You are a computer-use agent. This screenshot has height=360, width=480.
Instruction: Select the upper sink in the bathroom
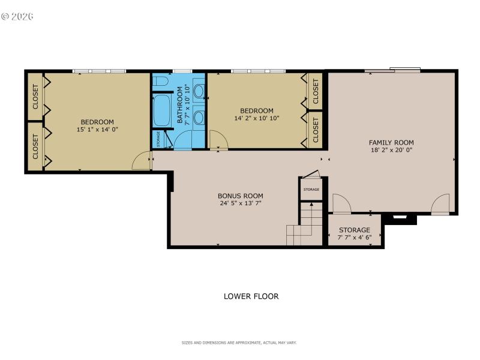tap(198, 91)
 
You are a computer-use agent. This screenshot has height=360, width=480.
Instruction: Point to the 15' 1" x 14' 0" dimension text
tap(97, 130)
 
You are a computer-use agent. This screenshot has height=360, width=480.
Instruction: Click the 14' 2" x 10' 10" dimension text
tap(257, 118)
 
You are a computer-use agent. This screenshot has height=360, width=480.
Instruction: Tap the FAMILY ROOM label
tap(391, 142)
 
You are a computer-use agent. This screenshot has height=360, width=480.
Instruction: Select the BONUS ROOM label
tap(240, 196)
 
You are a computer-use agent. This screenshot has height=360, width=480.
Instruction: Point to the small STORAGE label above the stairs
tap(311, 190)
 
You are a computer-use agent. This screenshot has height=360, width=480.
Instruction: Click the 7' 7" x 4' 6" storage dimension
tap(355, 237)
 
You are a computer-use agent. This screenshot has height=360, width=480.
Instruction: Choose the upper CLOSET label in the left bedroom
tap(35, 97)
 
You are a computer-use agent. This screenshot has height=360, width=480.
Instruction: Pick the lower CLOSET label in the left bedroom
tap(35, 146)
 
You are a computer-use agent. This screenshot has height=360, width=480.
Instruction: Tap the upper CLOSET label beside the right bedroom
tap(316, 91)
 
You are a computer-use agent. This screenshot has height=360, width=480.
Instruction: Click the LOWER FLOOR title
tap(251, 296)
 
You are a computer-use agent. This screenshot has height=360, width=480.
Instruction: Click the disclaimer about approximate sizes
tap(239, 343)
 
